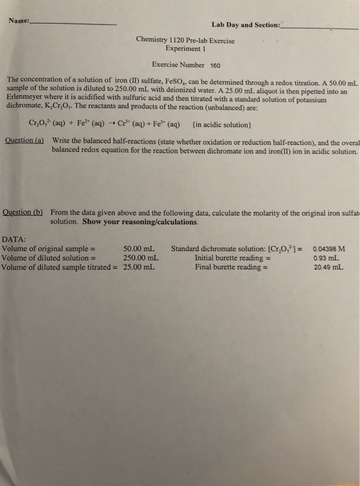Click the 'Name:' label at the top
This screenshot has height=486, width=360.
click(20, 22)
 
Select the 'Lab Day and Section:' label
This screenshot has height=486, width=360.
click(246, 26)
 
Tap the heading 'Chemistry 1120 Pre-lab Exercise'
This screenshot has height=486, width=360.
click(186, 41)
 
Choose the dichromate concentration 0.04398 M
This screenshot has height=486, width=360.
click(332, 248)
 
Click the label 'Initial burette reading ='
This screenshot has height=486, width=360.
click(232, 257)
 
